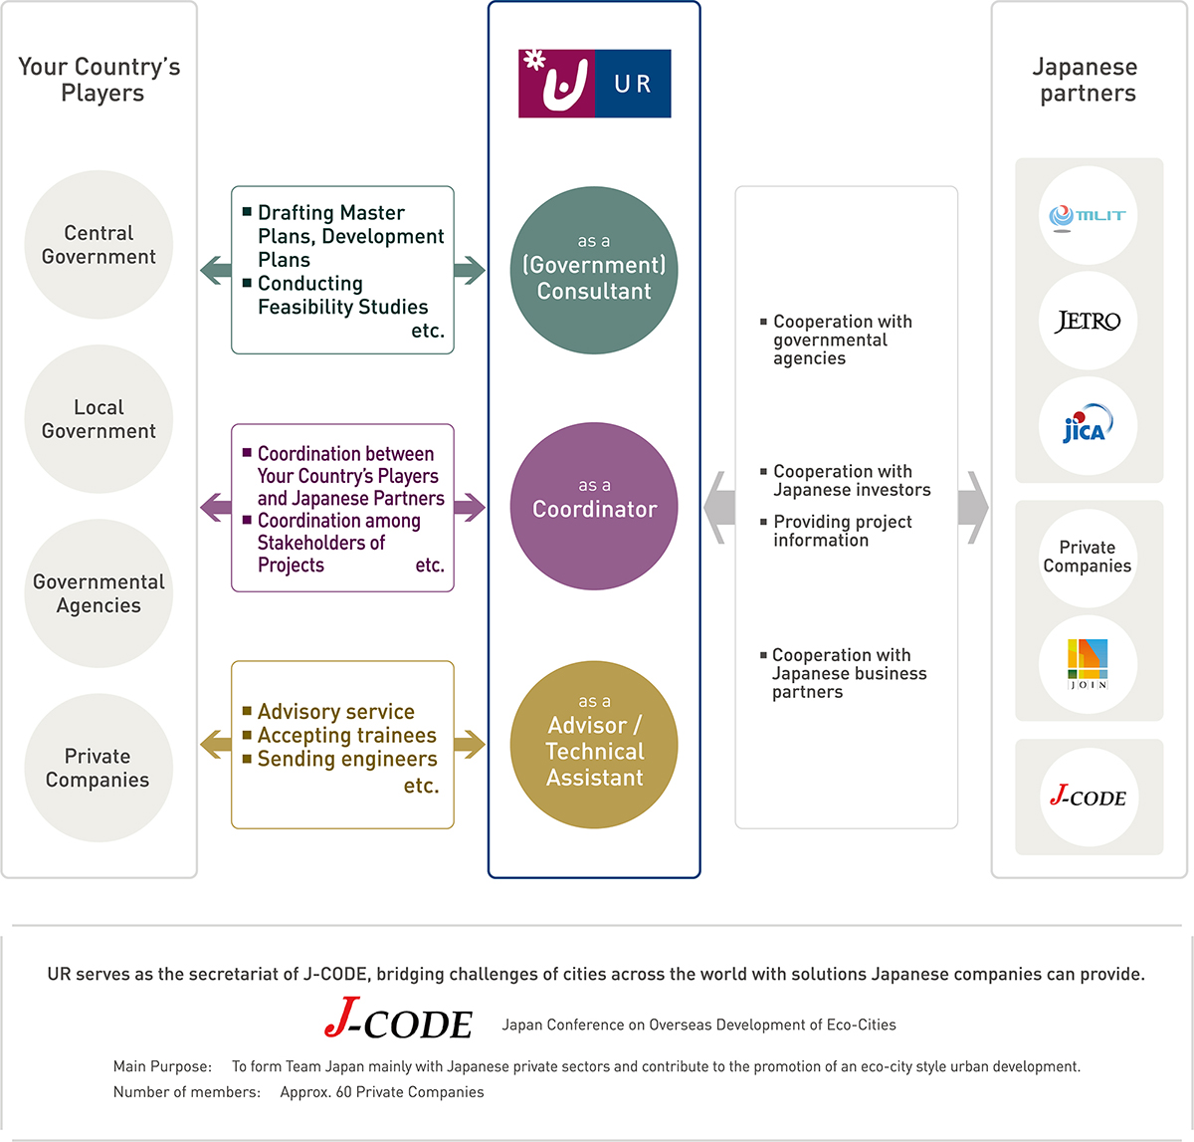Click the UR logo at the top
coord(594,84)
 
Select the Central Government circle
coord(99,245)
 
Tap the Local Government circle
coord(99,419)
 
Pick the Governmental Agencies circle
coord(99,593)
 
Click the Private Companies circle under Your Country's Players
coord(99,768)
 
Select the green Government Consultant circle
coord(594,270)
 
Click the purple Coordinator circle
coord(594,506)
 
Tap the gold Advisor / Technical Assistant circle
coord(594,745)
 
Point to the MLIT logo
coord(1088,216)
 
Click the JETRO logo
coord(1088,322)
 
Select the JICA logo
coord(1088,426)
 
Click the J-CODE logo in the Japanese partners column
coord(1088,797)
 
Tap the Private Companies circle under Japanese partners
coord(1088,557)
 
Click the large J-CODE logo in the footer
coord(398,1020)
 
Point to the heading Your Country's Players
coord(99,80)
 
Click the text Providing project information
coord(842,531)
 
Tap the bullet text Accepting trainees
coord(346,736)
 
